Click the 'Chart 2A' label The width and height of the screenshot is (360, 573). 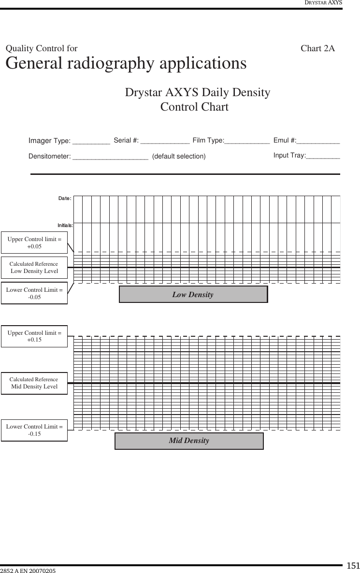[x=317, y=48]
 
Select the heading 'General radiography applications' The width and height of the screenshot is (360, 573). [x=126, y=63]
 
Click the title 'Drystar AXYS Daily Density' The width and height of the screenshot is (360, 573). [x=197, y=92]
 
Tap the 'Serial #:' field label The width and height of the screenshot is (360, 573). [x=126, y=141]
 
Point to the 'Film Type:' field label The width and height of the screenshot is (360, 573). [x=208, y=141]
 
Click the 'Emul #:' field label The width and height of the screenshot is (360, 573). [x=285, y=141]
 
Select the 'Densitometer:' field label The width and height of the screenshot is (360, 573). [x=50, y=156]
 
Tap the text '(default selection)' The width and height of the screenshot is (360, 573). [x=179, y=156]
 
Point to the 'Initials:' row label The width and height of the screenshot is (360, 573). [x=65, y=225]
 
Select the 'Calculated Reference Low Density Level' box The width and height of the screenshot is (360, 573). [x=34, y=268]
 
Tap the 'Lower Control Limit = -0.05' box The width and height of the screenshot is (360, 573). [x=34, y=293]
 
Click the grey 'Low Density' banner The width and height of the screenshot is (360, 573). [x=193, y=294]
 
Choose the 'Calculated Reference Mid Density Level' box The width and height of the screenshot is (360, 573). [x=34, y=383]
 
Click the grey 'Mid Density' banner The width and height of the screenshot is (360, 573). [x=189, y=441]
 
